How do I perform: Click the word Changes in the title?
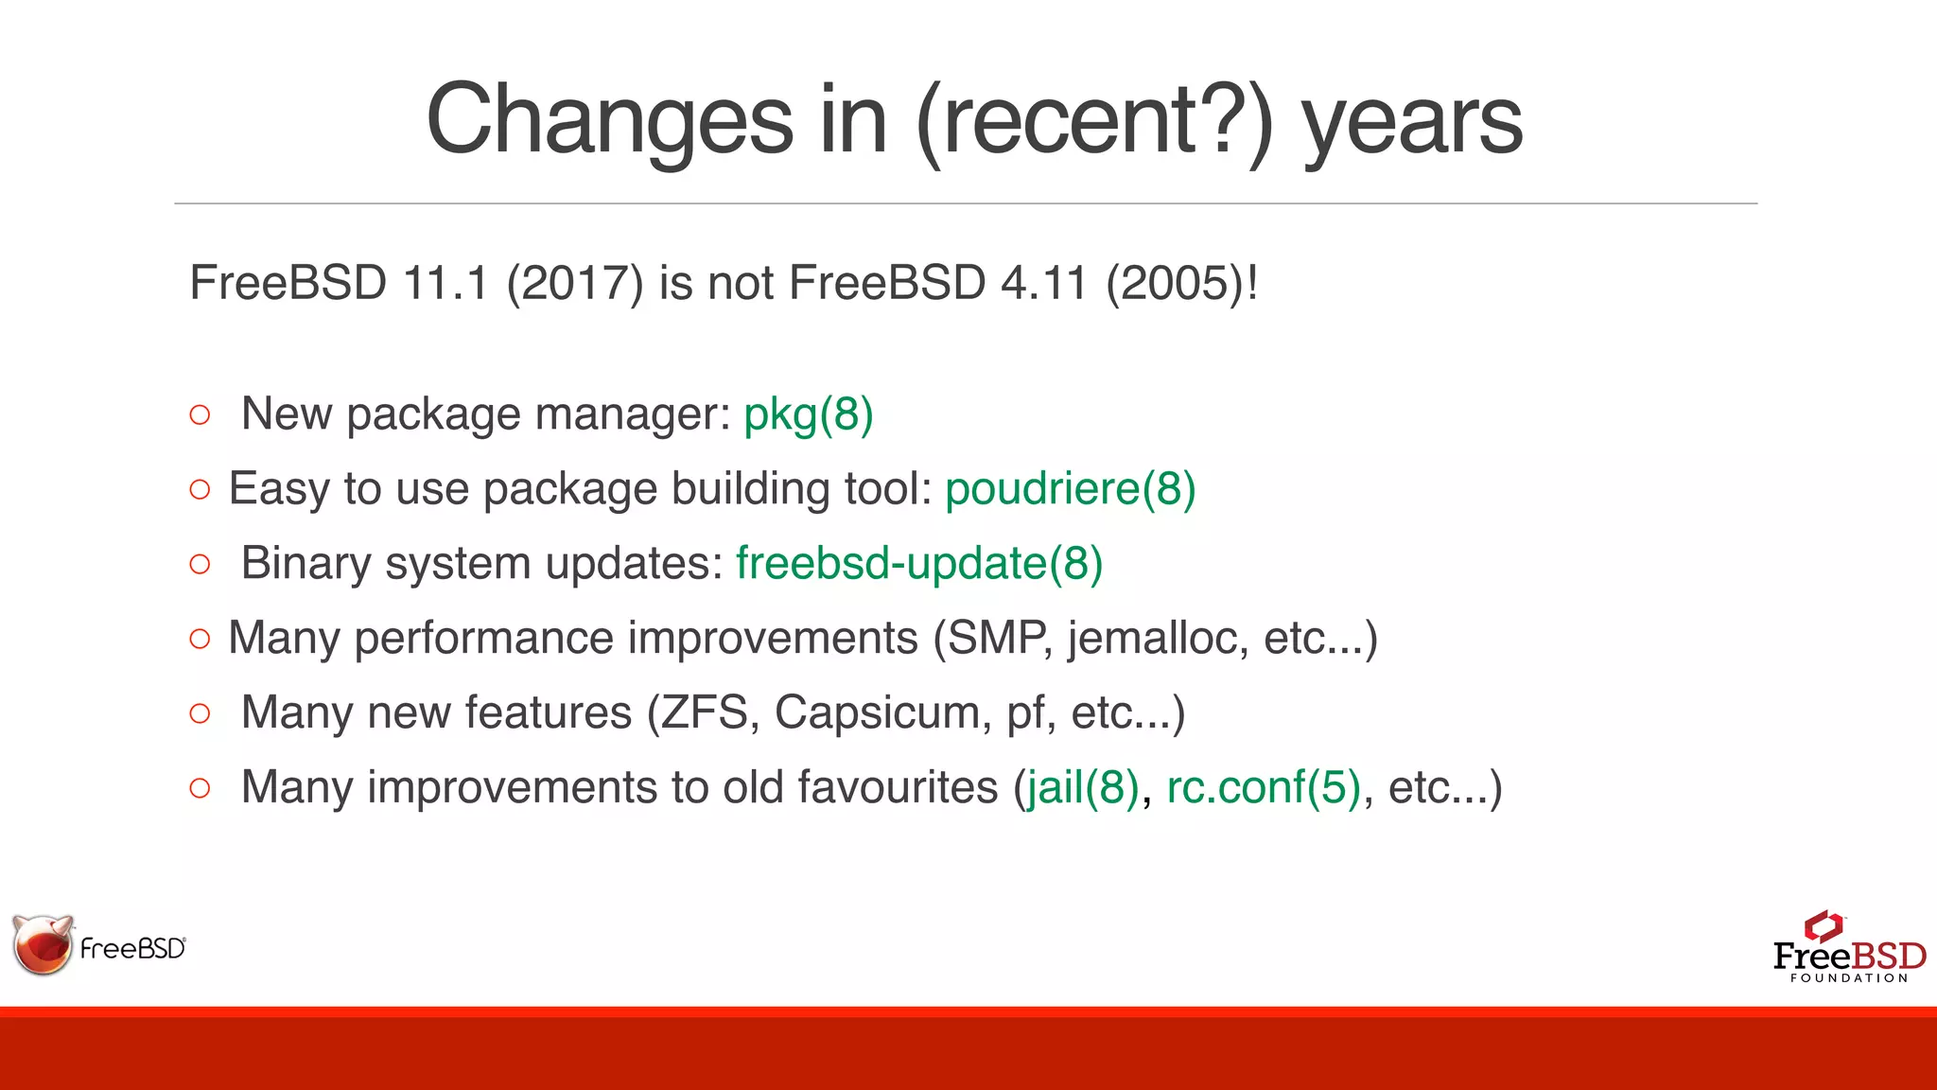coord(609,120)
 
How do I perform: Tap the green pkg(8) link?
coord(809,414)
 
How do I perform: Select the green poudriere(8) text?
coord(1071,489)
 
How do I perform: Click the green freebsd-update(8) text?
coord(919,564)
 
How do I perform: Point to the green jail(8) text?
coord(1083,787)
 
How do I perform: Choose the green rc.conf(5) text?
coord(1264,787)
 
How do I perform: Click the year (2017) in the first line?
coord(575,283)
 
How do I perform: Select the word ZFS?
coord(704,712)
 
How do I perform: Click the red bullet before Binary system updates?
coord(200,565)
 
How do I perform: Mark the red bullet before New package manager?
coord(200,415)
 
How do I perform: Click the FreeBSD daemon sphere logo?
coord(43,944)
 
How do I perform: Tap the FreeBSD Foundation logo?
coord(1848,949)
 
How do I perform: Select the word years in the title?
coord(1412,120)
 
